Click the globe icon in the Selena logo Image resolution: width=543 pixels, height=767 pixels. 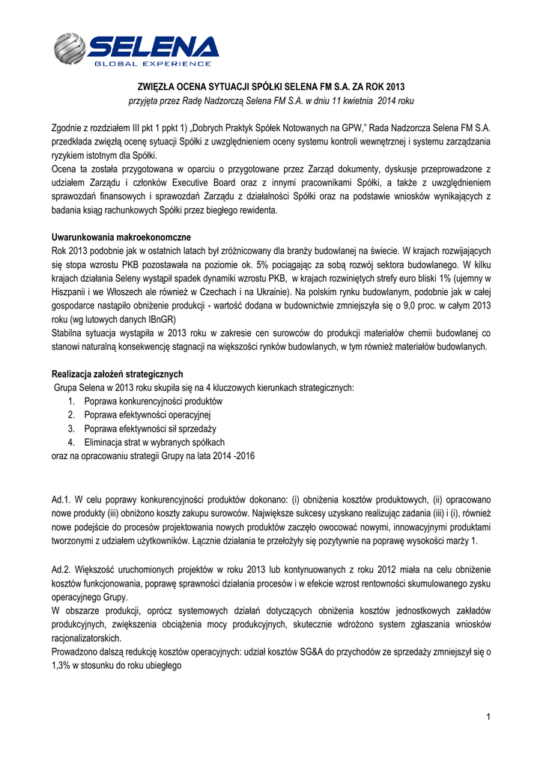tap(71, 49)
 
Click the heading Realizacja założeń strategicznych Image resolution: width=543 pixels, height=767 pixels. tap(117, 374)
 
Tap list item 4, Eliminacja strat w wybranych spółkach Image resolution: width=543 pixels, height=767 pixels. tap(154, 442)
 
